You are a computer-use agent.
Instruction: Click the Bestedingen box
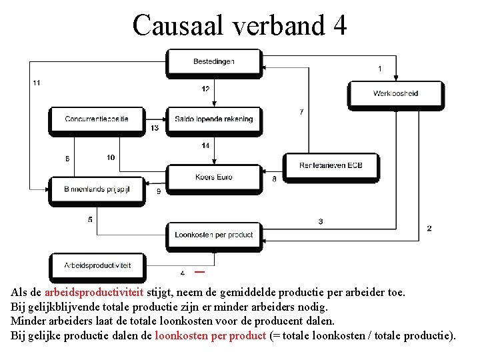[214, 61]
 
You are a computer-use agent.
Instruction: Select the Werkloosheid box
[395, 93]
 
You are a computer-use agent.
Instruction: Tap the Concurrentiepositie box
[97, 119]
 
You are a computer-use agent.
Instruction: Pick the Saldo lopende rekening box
[214, 119]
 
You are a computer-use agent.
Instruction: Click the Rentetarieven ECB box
[331, 165]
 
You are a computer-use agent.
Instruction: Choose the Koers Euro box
[214, 177]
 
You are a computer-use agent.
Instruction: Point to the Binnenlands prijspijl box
[97, 189]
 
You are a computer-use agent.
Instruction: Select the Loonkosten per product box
[214, 235]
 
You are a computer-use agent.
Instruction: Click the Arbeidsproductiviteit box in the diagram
[97, 265]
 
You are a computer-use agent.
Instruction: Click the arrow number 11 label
[36, 83]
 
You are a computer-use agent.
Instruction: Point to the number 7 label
[301, 112]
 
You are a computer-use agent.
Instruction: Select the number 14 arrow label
[205, 145]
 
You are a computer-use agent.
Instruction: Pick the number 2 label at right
[429, 228]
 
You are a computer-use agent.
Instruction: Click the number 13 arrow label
[155, 128]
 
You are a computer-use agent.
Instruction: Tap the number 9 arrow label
[158, 191]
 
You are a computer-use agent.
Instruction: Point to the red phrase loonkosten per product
[211, 335]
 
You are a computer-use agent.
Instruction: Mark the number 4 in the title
[339, 25]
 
